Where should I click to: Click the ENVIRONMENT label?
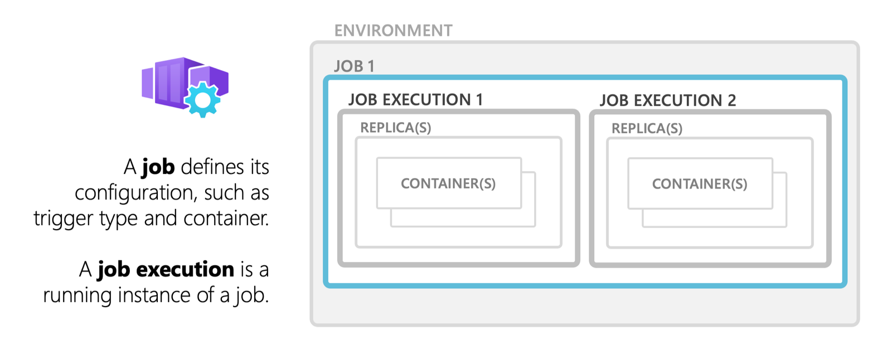point(393,30)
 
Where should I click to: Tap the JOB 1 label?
point(354,66)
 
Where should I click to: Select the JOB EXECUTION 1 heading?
point(415,100)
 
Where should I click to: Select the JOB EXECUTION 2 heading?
point(667,100)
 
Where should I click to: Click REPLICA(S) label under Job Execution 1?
point(395,128)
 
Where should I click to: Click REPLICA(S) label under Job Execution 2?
point(647,129)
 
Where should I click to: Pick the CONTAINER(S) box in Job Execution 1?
point(448,183)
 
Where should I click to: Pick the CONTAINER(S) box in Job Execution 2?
point(700,184)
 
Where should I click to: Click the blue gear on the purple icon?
point(202,100)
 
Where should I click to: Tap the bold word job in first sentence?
point(158,167)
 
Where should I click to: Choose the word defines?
point(212,167)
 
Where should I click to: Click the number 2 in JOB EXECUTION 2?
point(731,100)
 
